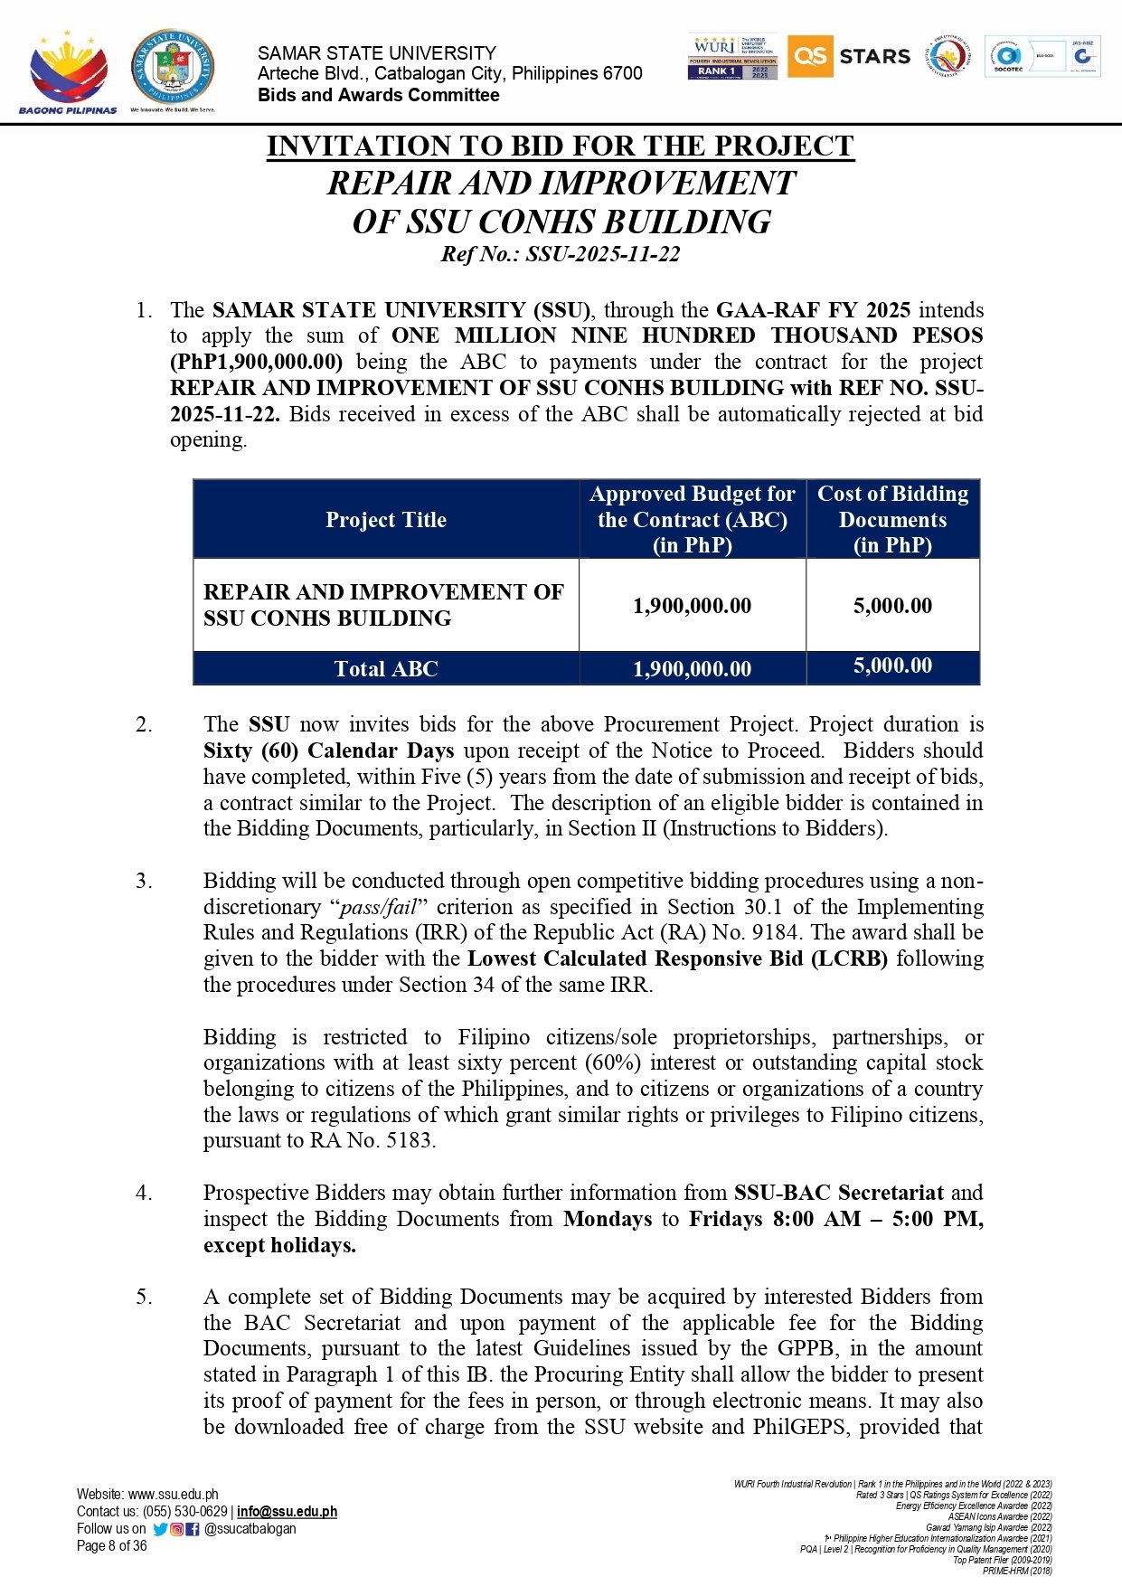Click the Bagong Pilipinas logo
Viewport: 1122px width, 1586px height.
tap(68, 72)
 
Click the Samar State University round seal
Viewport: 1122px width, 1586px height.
tap(173, 67)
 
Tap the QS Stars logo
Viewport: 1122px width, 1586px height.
tap(849, 57)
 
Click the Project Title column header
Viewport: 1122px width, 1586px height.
tap(386, 520)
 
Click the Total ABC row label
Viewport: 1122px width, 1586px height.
tap(386, 669)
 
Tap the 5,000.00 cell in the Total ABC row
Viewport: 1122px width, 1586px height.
tap(892, 666)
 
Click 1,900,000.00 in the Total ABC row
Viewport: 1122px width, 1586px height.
tap(693, 669)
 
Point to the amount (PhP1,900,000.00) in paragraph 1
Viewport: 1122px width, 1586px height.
tap(257, 363)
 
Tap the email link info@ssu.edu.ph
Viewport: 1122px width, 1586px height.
tap(287, 1512)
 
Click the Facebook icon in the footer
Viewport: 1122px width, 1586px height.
tap(193, 1529)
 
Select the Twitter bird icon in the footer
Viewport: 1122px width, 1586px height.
tap(160, 1529)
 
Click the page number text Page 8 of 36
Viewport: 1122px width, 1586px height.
tap(111, 1546)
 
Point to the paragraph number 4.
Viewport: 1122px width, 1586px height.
tap(145, 1194)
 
